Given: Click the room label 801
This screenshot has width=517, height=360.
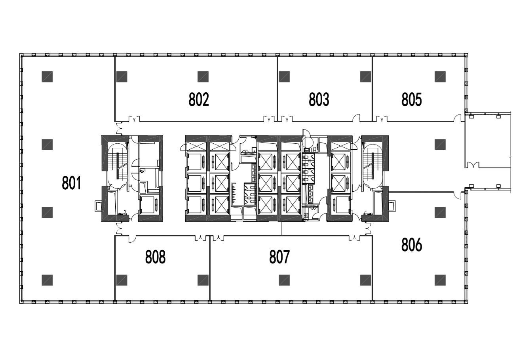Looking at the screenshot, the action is click(72, 183).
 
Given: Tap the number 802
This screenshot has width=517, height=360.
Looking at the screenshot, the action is click(199, 99).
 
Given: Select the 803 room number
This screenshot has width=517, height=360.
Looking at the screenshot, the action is click(319, 99).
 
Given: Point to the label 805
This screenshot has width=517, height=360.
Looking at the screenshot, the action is click(412, 99).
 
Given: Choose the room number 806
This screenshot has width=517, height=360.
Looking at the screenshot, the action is click(412, 245).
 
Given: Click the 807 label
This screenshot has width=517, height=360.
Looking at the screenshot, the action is click(279, 257).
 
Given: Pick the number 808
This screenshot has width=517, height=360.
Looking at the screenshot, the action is click(155, 257).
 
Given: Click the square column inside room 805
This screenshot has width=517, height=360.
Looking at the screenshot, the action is click(440, 77).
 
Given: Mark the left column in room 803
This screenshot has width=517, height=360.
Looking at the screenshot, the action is click(284, 77).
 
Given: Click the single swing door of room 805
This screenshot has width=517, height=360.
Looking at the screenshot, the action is click(458, 118).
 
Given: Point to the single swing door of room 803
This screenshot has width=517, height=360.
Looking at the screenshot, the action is click(356, 118).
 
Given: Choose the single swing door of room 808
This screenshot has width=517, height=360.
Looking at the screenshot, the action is click(132, 239).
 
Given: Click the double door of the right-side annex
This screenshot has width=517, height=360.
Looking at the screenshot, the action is click(473, 165).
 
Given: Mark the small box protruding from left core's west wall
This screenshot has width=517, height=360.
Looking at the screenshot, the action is click(98, 206).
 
